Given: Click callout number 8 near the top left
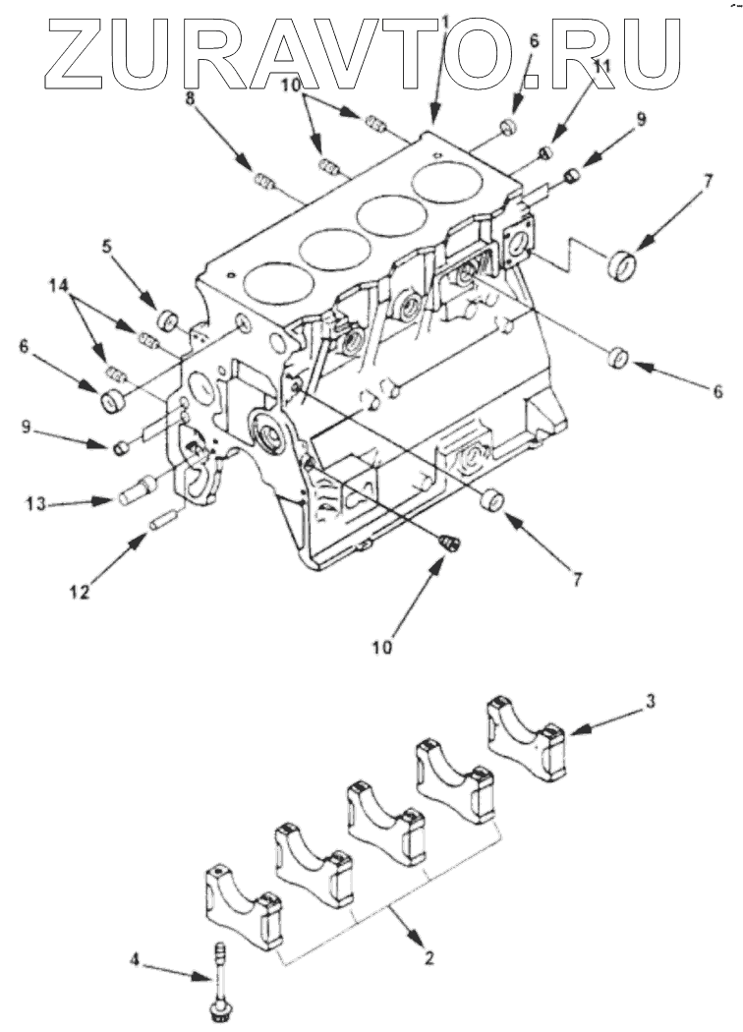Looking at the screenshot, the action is click(x=191, y=100).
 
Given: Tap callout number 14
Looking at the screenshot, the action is click(x=58, y=286).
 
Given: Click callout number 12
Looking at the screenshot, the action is click(x=79, y=593).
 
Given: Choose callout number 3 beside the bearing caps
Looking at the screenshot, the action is click(x=650, y=702).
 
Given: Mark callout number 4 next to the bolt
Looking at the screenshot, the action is click(x=135, y=960).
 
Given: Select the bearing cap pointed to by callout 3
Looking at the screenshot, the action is click(x=527, y=737).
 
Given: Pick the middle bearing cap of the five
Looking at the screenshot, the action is click(x=386, y=822).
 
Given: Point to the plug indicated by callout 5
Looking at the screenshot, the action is click(x=168, y=320).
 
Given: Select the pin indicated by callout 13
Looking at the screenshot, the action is click(x=138, y=490).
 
